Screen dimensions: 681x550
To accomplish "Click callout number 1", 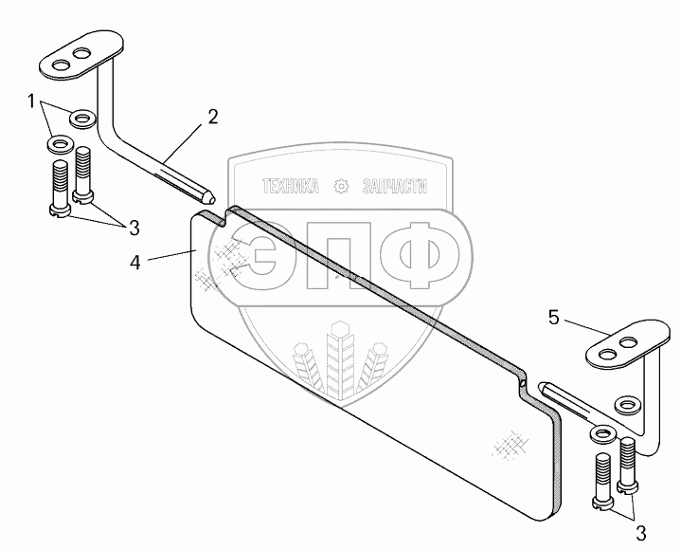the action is click(32, 100).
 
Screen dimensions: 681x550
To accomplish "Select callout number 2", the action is click(212, 118).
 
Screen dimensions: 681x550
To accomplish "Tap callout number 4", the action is click(135, 262).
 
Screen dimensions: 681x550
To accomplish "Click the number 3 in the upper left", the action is click(134, 228).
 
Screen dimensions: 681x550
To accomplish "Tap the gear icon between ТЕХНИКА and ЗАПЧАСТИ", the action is click(342, 187).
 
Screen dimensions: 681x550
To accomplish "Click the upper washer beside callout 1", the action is click(82, 119).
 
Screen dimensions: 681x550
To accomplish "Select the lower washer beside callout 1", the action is click(60, 145).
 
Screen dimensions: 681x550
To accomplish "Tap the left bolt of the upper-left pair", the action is click(59, 190).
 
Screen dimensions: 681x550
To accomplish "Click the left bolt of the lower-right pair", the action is click(603, 484).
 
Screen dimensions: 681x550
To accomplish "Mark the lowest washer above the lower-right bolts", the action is click(602, 435).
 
